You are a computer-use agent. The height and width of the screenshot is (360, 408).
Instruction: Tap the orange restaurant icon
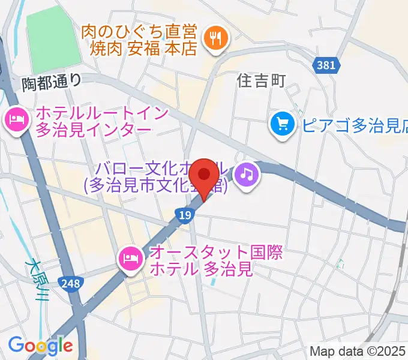click(x=214, y=39)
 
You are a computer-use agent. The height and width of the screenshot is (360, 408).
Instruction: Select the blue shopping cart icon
click(x=281, y=124)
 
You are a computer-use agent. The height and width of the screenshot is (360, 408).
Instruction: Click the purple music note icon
click(x=247, y=175)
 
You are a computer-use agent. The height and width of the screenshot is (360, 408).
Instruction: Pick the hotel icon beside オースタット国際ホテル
click(x=130, y=259)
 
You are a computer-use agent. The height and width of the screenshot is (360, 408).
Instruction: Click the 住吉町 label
click(x=261, y=80)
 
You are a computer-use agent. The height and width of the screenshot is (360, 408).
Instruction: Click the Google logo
click(x=40, y=346)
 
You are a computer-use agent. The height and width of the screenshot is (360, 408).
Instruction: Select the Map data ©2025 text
click(x=358, y=352)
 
